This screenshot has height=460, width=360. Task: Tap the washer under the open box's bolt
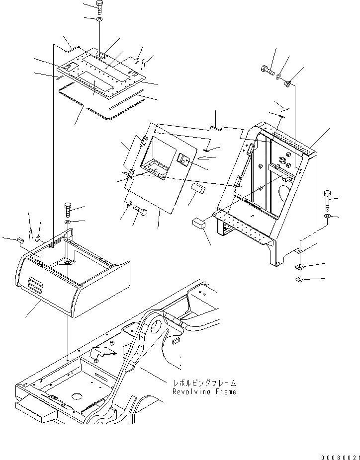[68, 222]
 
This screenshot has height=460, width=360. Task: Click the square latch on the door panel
[182, 160]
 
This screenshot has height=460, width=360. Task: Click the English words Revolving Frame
[204, 392]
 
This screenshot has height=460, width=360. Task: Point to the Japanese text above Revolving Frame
[204, 383]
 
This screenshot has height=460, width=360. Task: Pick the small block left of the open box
[21, 240]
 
